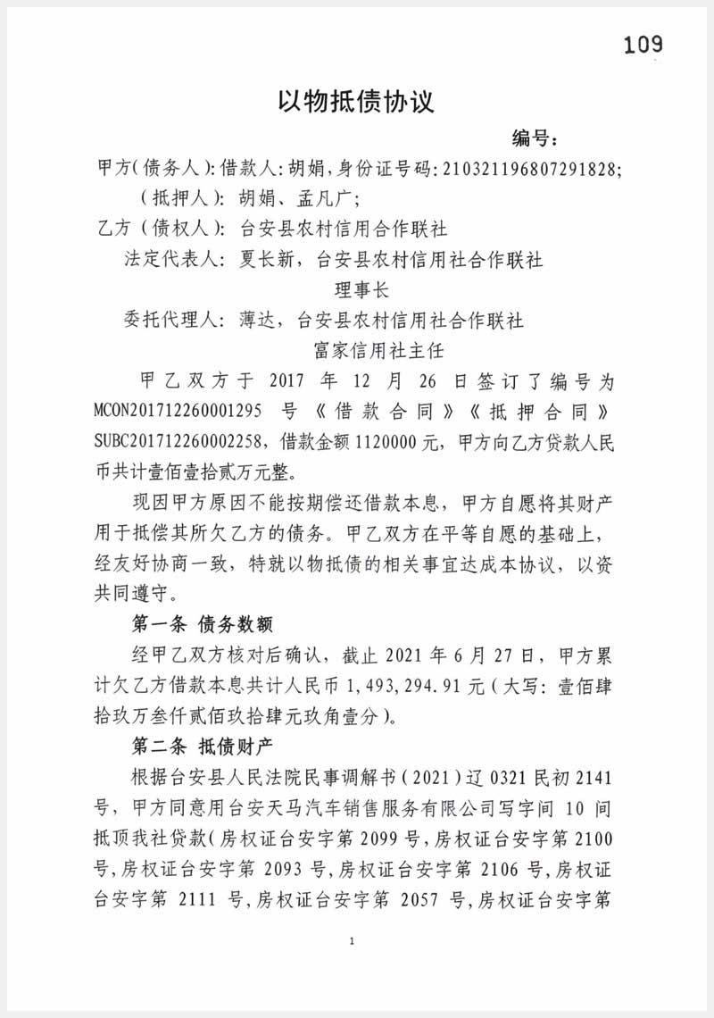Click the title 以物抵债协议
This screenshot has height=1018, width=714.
[x=356, y=100]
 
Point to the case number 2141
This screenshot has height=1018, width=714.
[x=596, y=778]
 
